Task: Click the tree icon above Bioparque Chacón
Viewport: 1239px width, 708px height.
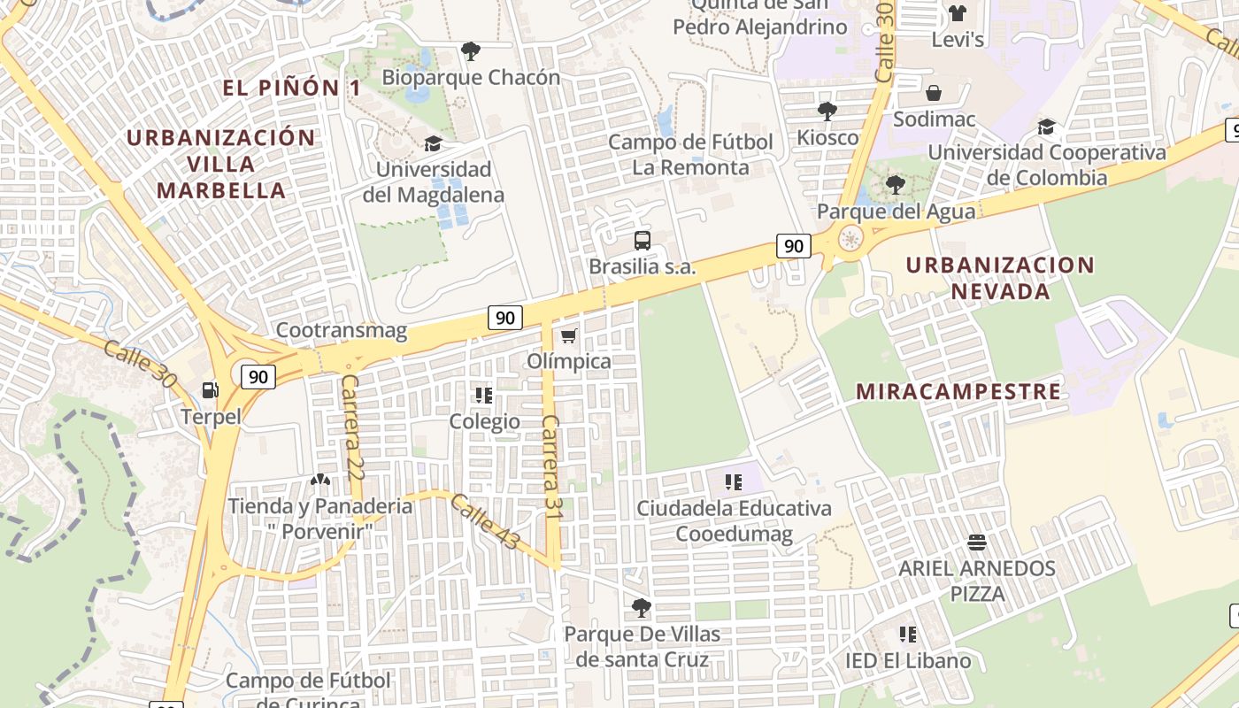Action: click(x=471, y=51)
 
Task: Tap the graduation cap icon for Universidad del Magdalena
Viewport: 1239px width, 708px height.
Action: click(x=433, y=143)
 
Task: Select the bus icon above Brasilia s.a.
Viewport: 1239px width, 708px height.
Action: click(x=643, y=241)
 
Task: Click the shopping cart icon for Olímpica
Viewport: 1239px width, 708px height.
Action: click(x=569, y=335)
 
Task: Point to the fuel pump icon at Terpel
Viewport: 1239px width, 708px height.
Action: click(x=211, y=389)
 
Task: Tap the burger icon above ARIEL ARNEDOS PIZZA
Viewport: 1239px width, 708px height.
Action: click(x=977, y=542)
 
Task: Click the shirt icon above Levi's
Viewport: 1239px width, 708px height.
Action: click(x=958, y=13)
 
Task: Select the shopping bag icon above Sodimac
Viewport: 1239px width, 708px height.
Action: click(x=934, y=93)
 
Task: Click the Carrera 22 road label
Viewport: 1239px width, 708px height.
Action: click(x=351, y=427)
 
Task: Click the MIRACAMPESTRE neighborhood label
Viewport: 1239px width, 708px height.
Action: click(x=958, y=391)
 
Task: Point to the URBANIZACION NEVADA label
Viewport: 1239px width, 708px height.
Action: click(x=1000, y=278)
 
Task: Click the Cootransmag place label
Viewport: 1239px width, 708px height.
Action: click(x=342, y=331)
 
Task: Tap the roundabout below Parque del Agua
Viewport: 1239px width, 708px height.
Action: click(x=850, y=238)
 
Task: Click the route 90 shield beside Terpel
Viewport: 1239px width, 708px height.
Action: click(x=258, y=376)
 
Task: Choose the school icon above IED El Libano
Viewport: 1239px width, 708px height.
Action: click(x=907, y=635)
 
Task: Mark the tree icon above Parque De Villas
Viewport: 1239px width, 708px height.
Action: click(x=642, y=608)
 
